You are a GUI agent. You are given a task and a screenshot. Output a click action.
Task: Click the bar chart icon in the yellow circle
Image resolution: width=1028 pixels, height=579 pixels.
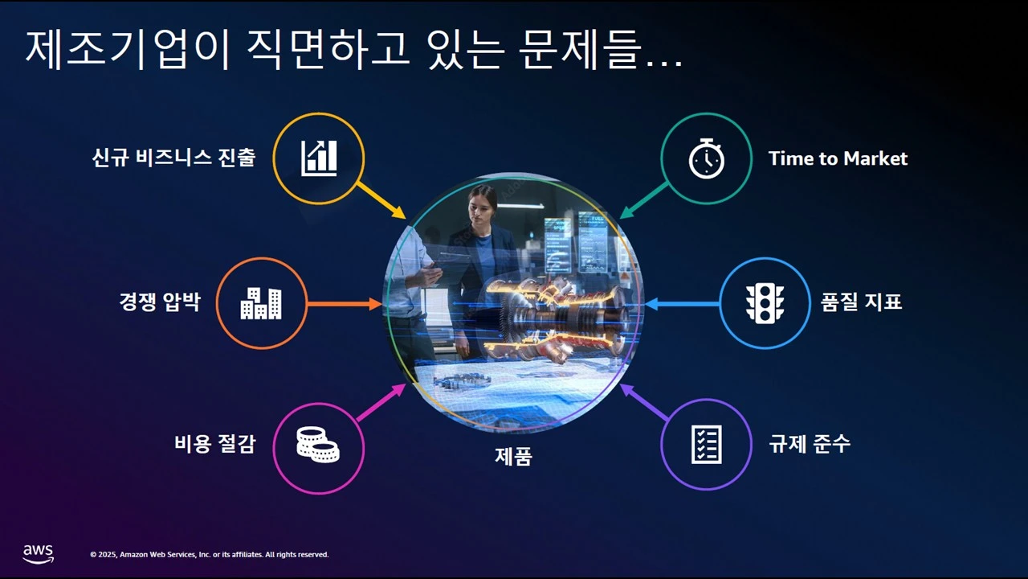point(319,158)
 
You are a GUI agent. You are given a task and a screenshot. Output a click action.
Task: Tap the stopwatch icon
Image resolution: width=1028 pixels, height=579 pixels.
point(706,158)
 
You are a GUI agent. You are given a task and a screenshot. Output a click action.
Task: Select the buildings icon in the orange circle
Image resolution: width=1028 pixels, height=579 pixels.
point(261,303)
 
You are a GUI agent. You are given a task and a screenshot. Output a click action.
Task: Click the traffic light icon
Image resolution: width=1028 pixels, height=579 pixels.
point(764,303)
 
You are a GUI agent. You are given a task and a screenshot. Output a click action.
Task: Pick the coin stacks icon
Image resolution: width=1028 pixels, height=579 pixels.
point(318,445)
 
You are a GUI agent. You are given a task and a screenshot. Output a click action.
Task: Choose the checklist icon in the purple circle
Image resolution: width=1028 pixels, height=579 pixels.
point(706,444)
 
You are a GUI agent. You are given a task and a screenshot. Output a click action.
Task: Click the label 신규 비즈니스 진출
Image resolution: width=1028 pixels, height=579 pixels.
point(173,158)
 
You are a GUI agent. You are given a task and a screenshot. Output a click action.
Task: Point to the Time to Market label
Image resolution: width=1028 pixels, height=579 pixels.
point(838,158)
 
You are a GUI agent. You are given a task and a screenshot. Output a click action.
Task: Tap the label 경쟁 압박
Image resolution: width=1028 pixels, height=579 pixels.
point(159,302)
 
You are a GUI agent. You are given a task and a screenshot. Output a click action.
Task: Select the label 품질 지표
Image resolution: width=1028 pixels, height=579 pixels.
point(861,302)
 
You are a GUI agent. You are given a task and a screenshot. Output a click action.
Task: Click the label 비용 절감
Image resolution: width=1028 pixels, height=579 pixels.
point(214,443)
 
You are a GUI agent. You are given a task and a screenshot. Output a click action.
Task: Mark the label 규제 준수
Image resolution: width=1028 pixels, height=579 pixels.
point(810,443)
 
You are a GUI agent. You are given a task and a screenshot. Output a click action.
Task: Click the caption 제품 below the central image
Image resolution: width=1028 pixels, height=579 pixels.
point(513,457)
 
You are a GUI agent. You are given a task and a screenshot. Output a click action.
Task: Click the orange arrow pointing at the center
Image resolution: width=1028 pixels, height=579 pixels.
point(344,304)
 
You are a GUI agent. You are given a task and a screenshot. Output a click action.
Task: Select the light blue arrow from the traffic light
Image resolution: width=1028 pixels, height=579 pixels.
point(683,304)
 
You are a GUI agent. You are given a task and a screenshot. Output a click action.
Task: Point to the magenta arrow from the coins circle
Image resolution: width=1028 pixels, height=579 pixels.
point(381,403)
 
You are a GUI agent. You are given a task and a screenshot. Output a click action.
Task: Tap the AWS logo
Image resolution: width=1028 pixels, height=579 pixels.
point(38,553)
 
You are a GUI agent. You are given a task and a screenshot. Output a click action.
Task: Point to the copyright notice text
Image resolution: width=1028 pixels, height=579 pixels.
point(210,555)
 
